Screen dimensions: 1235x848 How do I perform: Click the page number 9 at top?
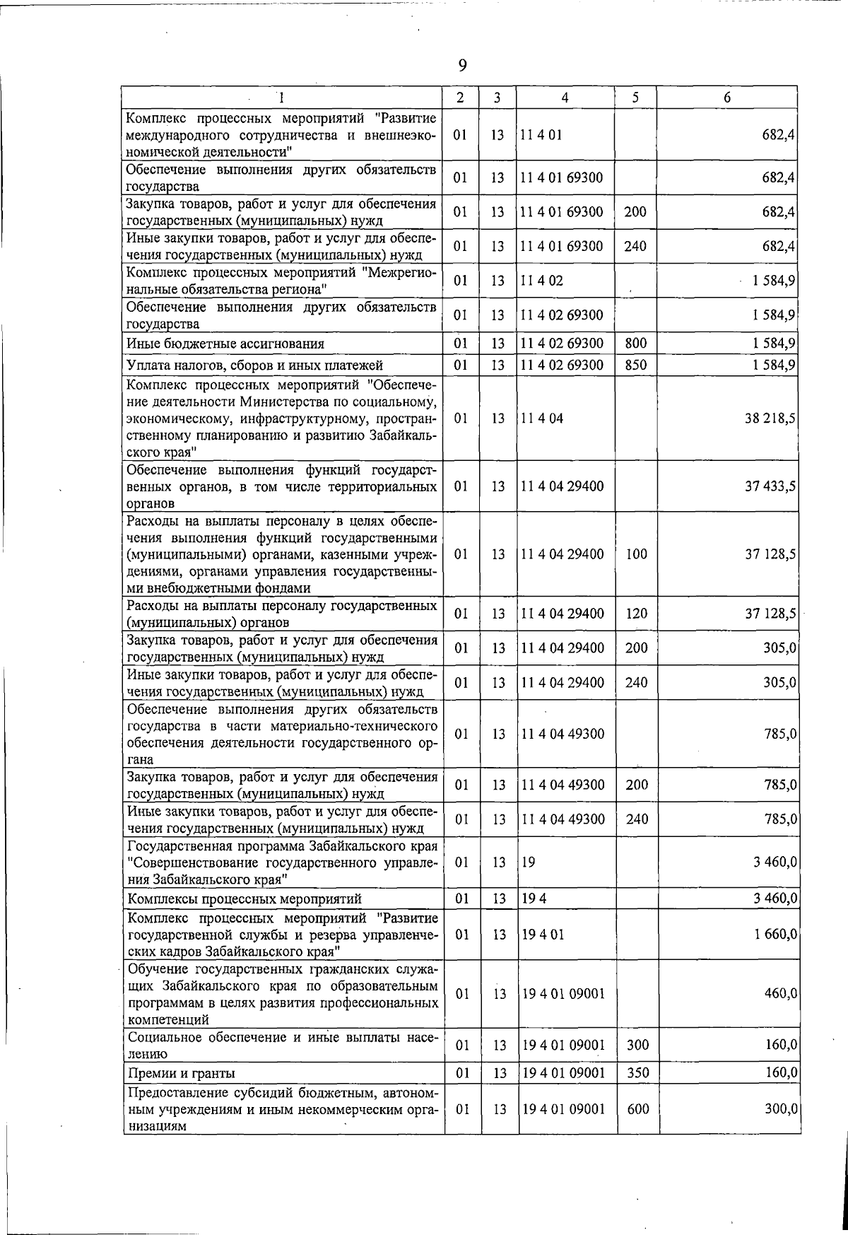click(462, 66)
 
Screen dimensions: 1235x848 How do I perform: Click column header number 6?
click(727, 98)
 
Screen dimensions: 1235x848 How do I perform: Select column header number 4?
click(565, 98)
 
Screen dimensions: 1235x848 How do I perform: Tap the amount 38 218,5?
click(770, 419)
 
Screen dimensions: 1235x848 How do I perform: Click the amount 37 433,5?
click(770, 486)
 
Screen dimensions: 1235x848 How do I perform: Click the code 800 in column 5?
click(636, 344)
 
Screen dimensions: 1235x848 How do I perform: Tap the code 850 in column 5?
click(636, 365)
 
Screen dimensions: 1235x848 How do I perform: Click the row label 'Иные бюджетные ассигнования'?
click(225, 344)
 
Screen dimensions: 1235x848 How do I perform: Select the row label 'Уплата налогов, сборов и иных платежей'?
click(254, 365)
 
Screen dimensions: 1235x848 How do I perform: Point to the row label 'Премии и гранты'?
click(181, 1073)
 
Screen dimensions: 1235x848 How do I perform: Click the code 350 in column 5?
click(638, 1073)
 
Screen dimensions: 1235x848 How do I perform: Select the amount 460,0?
click(781, 993)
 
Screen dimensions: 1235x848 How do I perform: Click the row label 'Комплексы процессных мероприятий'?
click(244, 899)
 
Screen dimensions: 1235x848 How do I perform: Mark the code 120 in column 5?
click(637, 614)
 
